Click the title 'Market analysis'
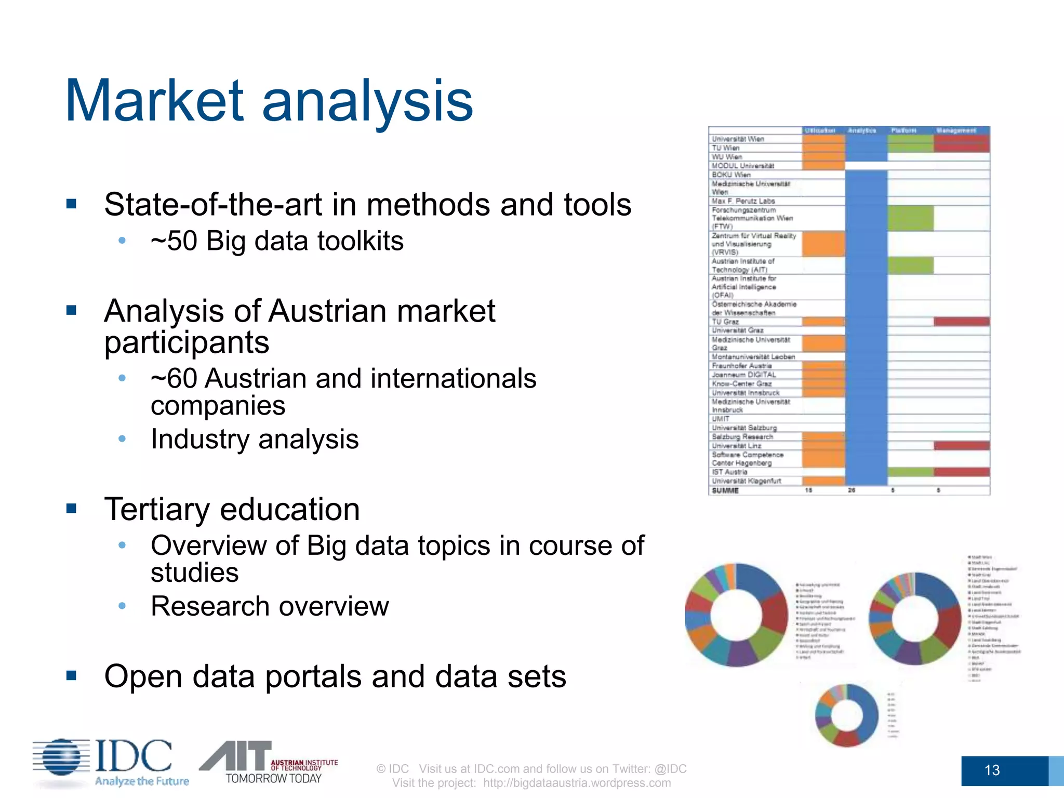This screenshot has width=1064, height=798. [269, 100]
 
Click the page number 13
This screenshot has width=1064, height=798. [991, 770]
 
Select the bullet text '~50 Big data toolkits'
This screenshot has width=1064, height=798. [277, 241]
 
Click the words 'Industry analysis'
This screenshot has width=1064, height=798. [255, 440]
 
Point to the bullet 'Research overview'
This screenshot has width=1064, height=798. [270, 606]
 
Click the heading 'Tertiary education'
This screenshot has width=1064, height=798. [232, 509]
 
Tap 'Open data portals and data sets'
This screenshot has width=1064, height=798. [335, 676]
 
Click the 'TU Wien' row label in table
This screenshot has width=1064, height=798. [725, 148]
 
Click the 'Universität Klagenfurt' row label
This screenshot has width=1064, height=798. [746, 481]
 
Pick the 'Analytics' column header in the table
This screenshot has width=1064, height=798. [862, 130]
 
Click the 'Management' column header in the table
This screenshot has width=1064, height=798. [956, 130]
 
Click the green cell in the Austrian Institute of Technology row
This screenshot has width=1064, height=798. [910, 265]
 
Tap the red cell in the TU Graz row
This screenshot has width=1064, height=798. [961, 322]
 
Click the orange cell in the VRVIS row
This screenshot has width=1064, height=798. [823, 244]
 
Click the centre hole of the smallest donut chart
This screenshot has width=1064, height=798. [847, 715]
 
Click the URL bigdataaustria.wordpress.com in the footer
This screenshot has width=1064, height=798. [577, 783]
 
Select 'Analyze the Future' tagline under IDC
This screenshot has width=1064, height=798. [142, 781]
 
